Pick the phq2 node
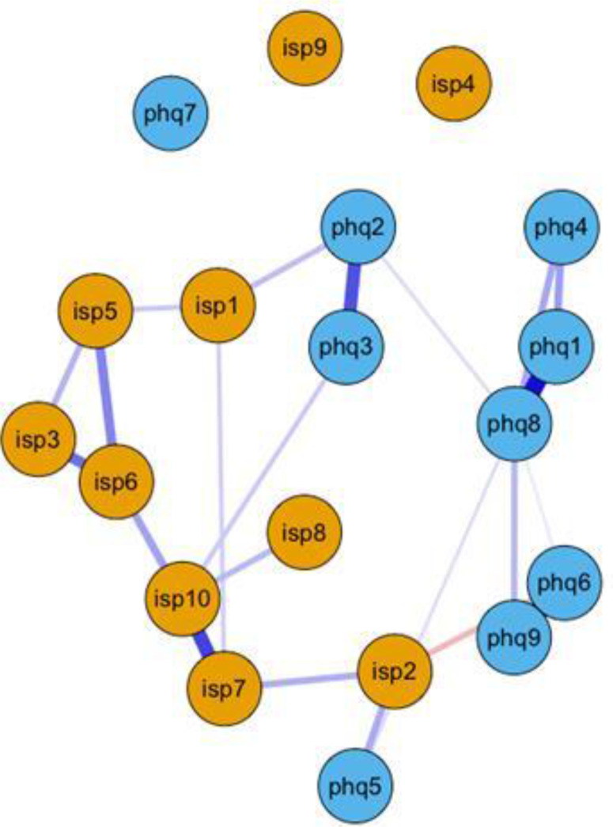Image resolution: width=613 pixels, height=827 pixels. [358, 230]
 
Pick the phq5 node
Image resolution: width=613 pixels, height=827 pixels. [355, 788]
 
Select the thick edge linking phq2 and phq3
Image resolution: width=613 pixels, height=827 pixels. [353, 288]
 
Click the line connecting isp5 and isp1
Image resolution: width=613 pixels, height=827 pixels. [157, 309]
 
